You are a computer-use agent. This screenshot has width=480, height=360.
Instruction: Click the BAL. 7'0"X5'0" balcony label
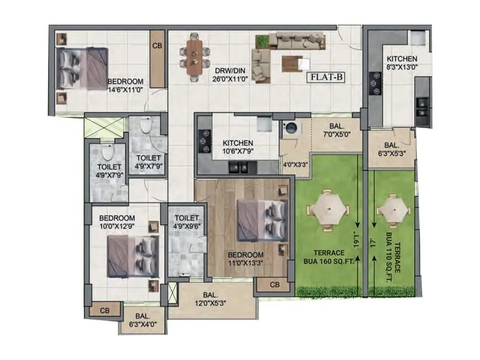tap(337, 130)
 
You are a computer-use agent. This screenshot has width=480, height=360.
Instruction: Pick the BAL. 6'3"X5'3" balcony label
tap(389, 149)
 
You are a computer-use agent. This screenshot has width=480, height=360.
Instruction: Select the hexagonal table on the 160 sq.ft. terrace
tap(328, 211)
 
